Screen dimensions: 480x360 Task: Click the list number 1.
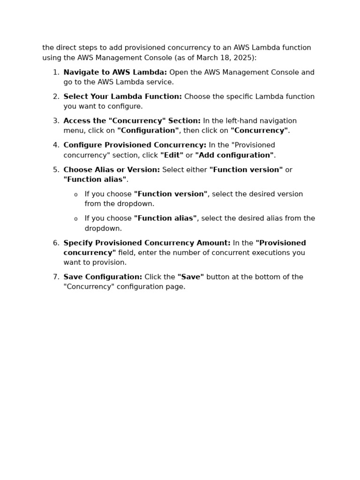[56, 73]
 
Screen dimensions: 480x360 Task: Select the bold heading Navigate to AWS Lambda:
[115, 73]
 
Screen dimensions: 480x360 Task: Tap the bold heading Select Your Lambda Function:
[122, 97]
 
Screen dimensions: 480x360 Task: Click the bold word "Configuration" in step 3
[148, 131]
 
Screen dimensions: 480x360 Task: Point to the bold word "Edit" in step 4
[172, 155]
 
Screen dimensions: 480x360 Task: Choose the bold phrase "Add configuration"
[234, 155]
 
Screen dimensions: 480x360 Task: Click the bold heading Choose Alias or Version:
[112, 170]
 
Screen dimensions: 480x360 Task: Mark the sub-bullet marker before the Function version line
[76, 195]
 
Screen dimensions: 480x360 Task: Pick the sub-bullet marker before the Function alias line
[76, 219]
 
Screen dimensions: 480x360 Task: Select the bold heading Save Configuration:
[103, 277]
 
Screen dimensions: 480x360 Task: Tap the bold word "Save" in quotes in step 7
[190, 277]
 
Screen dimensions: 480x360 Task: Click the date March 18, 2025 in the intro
[230, 58]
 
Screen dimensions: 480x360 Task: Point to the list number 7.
[56, 277]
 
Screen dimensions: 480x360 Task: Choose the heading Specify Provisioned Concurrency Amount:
[147, 243]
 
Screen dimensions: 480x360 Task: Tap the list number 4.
[56, 146]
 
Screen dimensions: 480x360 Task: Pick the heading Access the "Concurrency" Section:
[132, 121]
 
